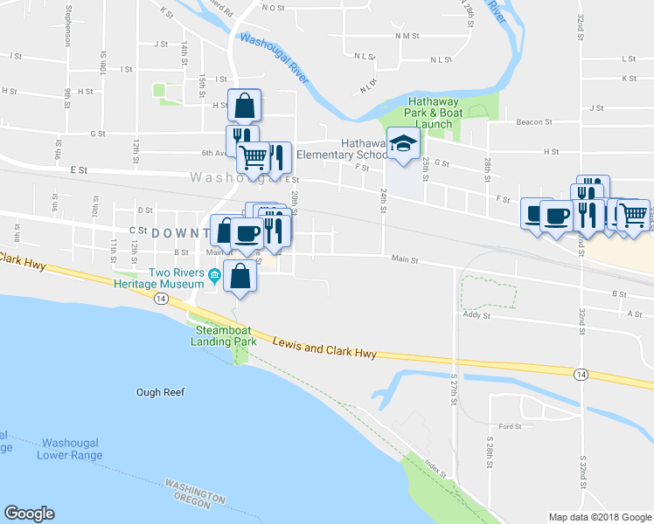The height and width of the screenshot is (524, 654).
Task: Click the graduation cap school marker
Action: point(403,146)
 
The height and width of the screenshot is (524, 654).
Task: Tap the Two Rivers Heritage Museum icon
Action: point(214,277)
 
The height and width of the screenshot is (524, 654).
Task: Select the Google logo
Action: point(29,514)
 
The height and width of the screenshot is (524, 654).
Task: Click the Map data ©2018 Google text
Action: point(599,517)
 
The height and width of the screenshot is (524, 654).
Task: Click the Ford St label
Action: point(510,427)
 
